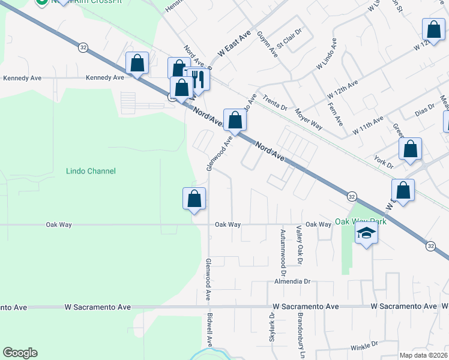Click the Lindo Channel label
tap(90, 171)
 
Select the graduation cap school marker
tap(366, 233)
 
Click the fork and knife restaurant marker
tap(198, 79)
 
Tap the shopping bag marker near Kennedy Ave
tap(137, 63)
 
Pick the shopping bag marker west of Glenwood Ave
tap(194, 199)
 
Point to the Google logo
tap(20, 353)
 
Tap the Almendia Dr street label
tap(292, 281)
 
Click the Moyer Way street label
tap(309, 119)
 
